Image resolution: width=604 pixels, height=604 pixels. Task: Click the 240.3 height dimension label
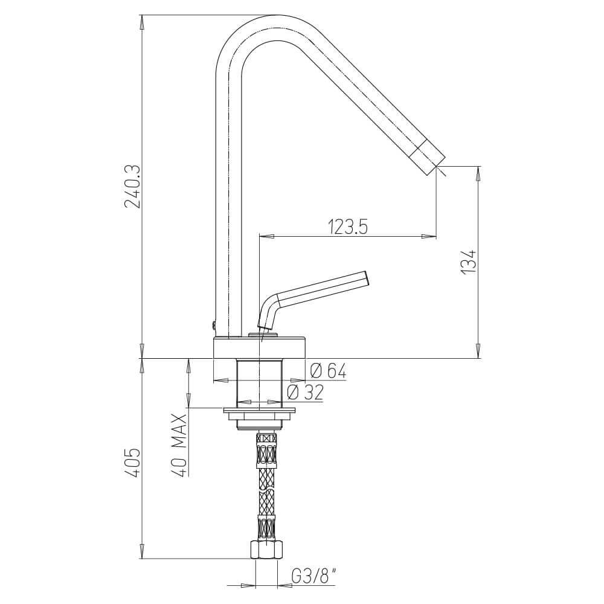click(132, 187)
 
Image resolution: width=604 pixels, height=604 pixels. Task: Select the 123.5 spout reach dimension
click(348, 226)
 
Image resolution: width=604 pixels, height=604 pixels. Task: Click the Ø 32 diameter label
click(305, 393)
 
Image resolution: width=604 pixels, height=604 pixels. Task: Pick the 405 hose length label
click(132, 462)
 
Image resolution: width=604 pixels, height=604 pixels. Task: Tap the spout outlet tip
click(434, 163)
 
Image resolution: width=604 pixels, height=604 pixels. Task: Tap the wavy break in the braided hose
click(266, 490)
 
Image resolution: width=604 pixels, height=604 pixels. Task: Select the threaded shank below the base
click(260, 383)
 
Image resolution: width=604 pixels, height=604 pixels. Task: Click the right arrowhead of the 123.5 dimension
click(430, 236)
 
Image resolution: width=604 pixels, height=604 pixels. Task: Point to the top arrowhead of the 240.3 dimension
click(142, 22)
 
